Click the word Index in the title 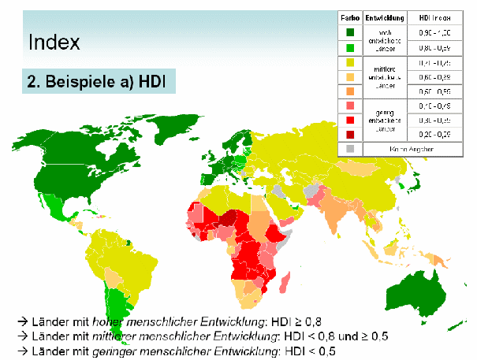point(54,42)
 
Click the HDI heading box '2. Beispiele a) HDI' point(99,82)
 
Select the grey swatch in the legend point(349,147)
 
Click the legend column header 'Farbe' point(349,16)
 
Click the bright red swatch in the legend point(349,120)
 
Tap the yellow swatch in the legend point(349,61)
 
